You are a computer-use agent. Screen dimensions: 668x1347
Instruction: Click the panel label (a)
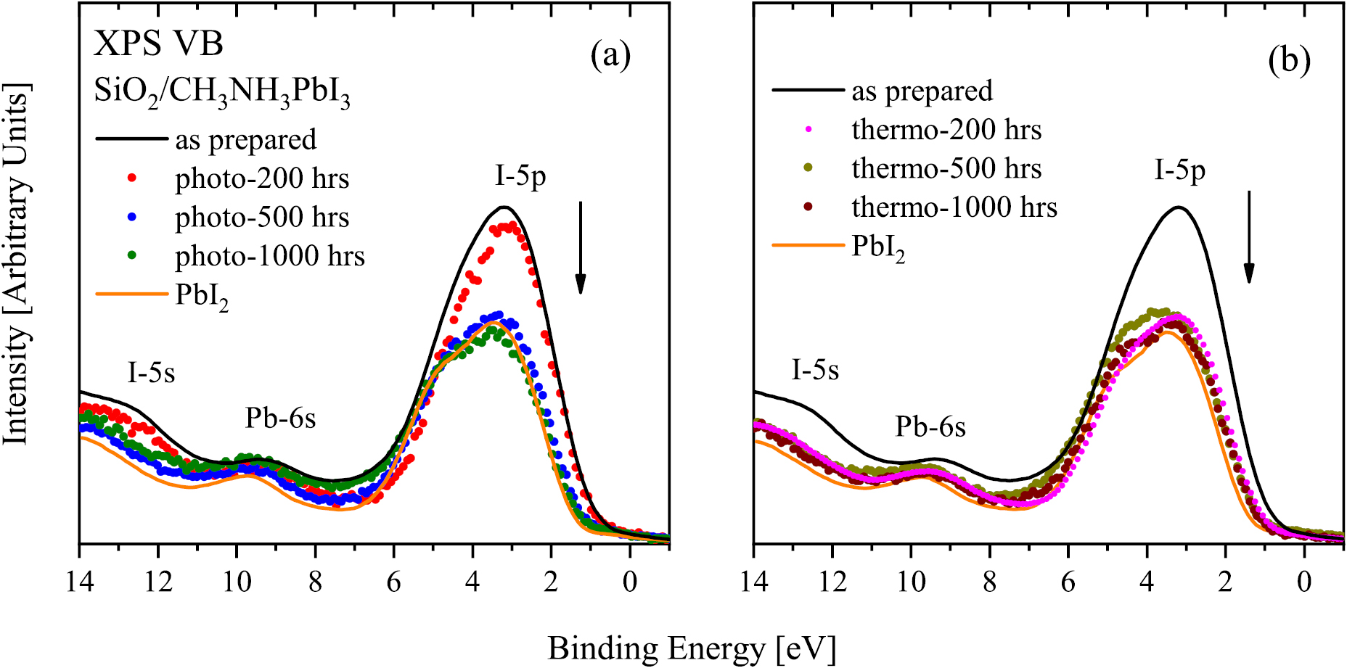610,56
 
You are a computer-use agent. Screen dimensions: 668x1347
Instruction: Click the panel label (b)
1289,60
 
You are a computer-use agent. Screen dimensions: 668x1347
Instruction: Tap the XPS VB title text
158,44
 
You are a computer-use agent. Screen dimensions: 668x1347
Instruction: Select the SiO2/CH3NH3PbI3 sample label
222,93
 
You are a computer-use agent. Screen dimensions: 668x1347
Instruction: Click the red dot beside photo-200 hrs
132,178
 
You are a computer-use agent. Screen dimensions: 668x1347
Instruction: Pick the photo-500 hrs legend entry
262,218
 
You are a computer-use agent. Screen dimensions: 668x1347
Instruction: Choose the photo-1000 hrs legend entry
269,256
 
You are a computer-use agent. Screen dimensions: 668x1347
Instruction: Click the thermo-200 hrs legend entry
946,130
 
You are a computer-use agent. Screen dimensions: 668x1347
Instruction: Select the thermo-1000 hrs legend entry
954,207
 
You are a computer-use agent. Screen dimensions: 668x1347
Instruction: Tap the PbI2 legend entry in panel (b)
878,247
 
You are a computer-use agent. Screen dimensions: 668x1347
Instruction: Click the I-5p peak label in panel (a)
520,176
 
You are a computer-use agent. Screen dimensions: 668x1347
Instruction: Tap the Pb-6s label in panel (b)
930,426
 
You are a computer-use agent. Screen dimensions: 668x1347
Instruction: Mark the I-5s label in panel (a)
151,373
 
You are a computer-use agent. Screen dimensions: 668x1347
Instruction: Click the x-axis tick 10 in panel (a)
237,582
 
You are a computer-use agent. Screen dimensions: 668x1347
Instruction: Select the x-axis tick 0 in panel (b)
1304,582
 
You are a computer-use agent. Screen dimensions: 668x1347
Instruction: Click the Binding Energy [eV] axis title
692,648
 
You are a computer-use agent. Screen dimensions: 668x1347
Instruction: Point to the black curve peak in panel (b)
1179,207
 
